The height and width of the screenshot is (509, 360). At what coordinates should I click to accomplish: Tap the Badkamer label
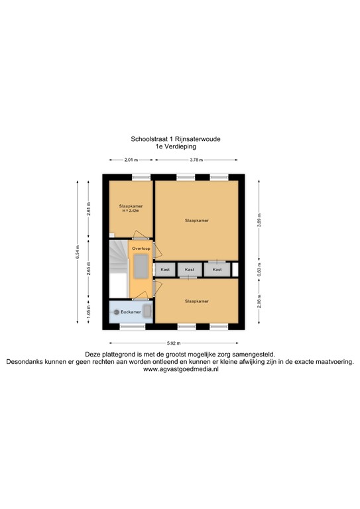(x=131, y=311)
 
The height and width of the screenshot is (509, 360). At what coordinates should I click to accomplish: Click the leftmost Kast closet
(x=165, y=270)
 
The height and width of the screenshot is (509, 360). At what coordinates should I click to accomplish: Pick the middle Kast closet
(x=190, y=270)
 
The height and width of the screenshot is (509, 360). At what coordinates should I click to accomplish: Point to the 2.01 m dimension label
(x=131, y=160)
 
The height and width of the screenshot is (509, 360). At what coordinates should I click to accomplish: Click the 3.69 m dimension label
(x=259, y=218)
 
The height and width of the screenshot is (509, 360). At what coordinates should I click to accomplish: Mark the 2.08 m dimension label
(x=259, y=302)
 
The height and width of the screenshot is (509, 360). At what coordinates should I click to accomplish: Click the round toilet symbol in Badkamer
(x=117, y=311)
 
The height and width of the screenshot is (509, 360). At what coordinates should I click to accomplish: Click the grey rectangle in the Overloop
(x=141, y=268)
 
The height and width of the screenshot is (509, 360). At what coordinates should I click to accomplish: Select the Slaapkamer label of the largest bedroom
(x=197, y=220)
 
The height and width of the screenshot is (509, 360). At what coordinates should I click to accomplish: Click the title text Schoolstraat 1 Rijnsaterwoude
(x=176, y=140)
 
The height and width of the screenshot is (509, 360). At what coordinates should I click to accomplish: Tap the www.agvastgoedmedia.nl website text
(x=180, y=369)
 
